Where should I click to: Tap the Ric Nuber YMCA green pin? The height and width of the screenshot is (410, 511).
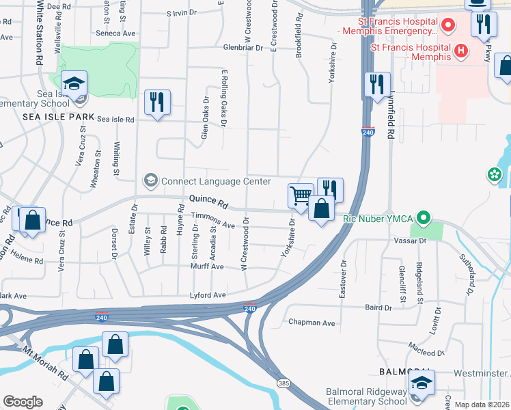[424, 219]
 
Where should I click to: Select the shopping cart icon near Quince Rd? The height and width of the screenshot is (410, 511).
[301, 196]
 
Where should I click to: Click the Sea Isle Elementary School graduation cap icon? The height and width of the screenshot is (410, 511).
[74, 84]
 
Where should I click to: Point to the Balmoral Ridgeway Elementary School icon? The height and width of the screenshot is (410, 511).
[422, 385]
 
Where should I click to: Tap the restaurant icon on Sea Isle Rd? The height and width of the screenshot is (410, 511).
[158, 102]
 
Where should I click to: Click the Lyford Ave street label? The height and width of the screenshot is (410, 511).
[208, 295]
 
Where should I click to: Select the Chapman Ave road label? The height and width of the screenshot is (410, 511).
[312, 323]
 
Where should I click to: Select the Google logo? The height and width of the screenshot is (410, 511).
[23, 402]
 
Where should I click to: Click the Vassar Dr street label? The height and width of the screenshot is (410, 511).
[410, 241]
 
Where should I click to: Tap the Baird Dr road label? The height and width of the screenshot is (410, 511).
[378, 308]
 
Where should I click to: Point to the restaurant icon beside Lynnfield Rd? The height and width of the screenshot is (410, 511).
[377, 85]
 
